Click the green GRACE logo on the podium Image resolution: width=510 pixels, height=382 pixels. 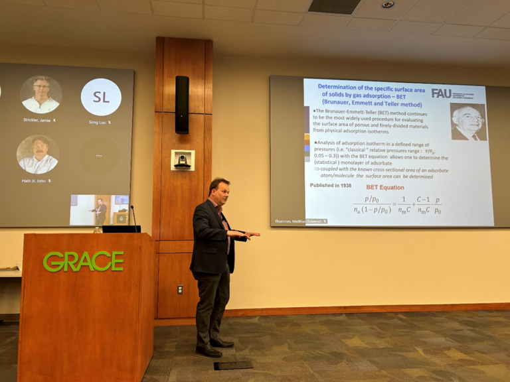[x=83, y=261]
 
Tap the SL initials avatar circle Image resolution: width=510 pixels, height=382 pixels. [x=101, y=97]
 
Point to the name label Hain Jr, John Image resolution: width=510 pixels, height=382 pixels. [x=37, y=180]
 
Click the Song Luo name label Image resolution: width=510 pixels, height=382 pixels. [x=100, y=122]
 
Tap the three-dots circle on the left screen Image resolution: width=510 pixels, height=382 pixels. [x=99, y=155]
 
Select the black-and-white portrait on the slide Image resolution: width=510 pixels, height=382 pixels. [x=468, y=121]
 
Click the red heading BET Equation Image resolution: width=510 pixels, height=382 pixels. [x=385, y=187]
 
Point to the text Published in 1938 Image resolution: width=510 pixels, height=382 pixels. [x=331, y=185]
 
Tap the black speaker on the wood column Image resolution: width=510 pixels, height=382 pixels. [x=181, y=104]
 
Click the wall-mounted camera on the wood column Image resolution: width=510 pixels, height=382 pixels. [x=182, y=160]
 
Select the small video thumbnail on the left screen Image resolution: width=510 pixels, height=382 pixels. [x=100, y=210]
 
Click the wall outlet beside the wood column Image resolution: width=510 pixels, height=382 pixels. [x=179, y=289]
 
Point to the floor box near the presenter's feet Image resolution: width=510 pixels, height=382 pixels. [x=233, y=365]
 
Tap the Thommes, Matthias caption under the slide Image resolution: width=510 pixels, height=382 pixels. [x=299, y=221]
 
